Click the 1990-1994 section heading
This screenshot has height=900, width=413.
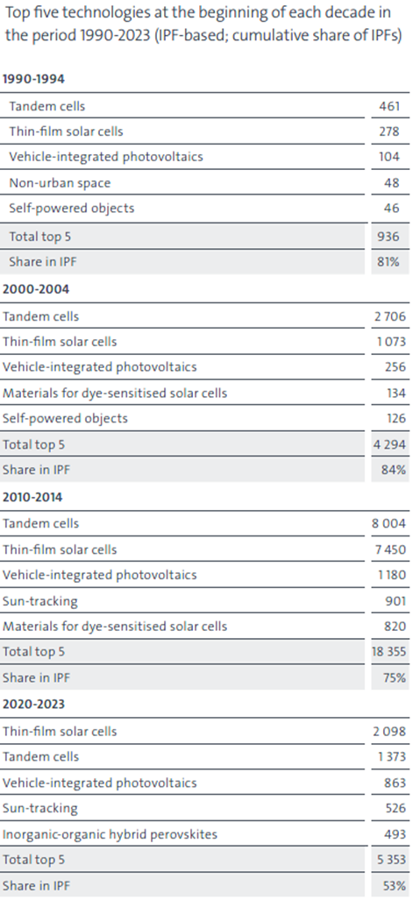point(34,79)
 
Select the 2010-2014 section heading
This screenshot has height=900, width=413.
point(32,497)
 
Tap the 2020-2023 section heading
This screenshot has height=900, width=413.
point(34,705)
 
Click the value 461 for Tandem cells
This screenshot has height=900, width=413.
point(389,106)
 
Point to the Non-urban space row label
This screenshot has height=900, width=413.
point(60,183)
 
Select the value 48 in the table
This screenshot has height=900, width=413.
point(392,183)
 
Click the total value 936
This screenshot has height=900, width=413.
point(389,237)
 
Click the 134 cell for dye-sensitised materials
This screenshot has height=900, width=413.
point(396,393)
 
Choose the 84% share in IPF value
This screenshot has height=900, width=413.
point(395,470)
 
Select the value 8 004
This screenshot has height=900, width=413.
point(388,523)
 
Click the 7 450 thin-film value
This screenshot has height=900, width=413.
point(389,549)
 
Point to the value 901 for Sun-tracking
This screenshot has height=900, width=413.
point(395,601)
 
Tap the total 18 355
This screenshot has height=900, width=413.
point(388,652)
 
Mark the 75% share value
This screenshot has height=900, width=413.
point(395,678)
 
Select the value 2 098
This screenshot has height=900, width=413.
point(388,731)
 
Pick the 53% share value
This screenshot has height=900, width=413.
point(395,885)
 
